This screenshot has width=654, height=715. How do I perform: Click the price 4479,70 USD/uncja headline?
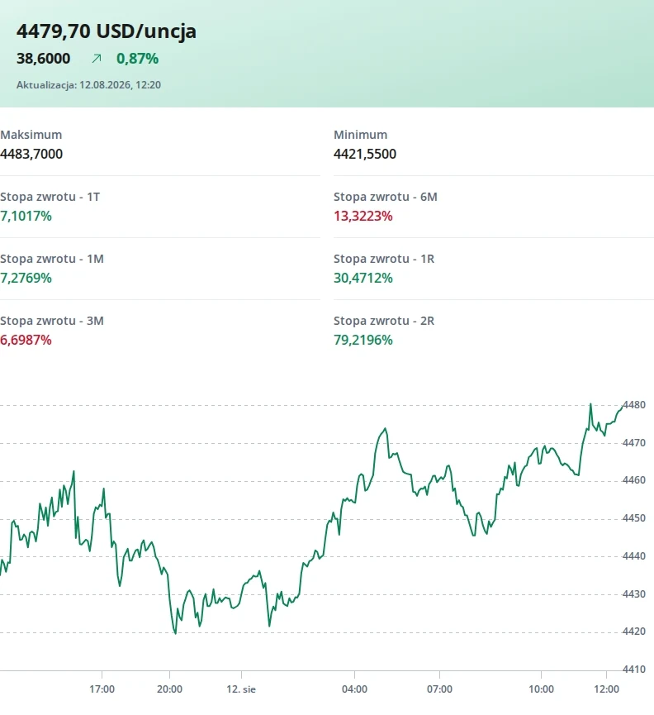pos(107,31)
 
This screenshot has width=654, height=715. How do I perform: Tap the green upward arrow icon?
pos(96,59)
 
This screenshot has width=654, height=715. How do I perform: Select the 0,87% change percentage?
pos(138,59)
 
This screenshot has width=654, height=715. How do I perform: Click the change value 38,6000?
pos(43,59)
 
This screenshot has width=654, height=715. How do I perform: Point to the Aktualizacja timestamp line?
pos(89,85)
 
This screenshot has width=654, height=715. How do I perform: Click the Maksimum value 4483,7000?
pos(31,154)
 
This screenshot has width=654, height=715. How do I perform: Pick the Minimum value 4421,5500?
pos(365,154)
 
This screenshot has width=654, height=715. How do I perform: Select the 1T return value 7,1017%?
pos(26,216)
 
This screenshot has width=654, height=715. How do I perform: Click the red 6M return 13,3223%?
pos(363,216)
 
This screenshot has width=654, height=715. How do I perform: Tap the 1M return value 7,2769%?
pos(26,278)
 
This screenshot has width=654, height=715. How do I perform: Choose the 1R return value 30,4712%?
pos(363,278)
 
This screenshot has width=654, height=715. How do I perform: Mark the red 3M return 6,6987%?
pos(26,340)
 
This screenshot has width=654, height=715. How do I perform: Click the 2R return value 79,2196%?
pos(363,340)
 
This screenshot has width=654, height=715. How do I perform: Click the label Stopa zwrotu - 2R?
pos(384,321)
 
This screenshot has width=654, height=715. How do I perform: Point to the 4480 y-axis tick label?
pos(634,404)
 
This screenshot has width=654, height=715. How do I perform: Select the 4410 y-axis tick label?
pos(634,669)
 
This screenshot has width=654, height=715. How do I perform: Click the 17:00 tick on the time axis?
pos(102,689)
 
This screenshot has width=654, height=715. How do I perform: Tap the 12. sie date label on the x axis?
pos(241,689)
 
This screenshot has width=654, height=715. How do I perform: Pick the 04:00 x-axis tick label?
pos(355,689)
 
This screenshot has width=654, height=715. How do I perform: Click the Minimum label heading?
pos(361,135)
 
